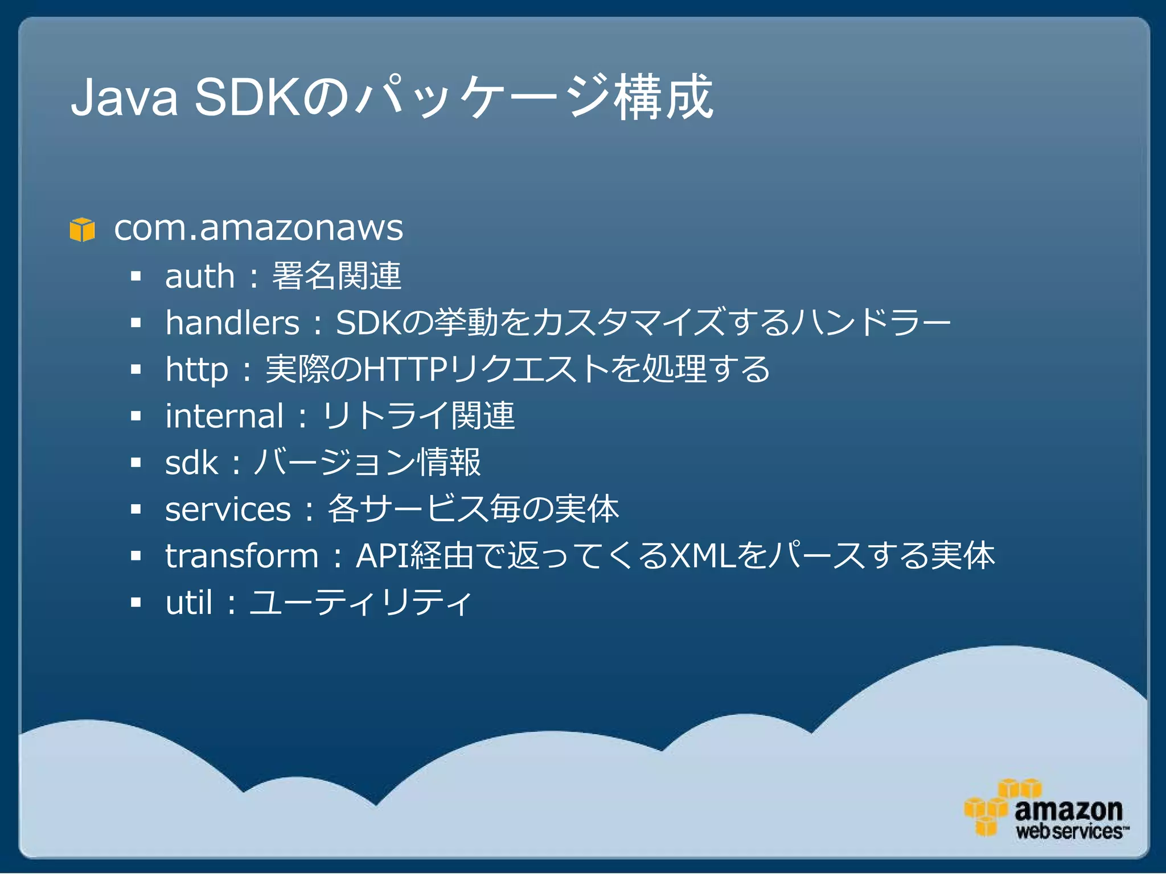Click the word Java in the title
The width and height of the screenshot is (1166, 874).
pyautogui.click(x=124, y=98)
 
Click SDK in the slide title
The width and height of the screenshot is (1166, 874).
pyautogui.click(x=246, y=98)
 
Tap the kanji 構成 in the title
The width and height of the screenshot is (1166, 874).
pyautogui.click(x=663, y=98)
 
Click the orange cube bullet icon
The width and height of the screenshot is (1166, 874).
pyautogui.click(x=82, y=229)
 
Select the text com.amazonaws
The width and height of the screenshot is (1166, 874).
pyautogui.click(x=258, y=228)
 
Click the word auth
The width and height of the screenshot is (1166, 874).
pyautogui.click(x=199, y=277)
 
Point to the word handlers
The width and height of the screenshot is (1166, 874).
pyautogui.click(x=232, y=323)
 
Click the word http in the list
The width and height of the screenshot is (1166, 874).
pyautogui.click(x=196, y=370)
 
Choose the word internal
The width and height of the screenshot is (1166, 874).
pyautogui.click(x=224, y=416)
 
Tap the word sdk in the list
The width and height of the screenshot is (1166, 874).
pyautogui.click(x=191, y=463)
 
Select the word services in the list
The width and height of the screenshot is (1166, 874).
pyautogui.click(x=228, y=509)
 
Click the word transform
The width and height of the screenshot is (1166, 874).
pyautogui.click(x=241, y=556)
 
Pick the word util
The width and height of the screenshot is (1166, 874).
pyautogui.click(x=188, y=602)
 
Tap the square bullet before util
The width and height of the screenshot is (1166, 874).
pyautogui.click(x=136, y=603)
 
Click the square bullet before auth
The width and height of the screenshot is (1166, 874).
pyautogui.click(x=136, y=277)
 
